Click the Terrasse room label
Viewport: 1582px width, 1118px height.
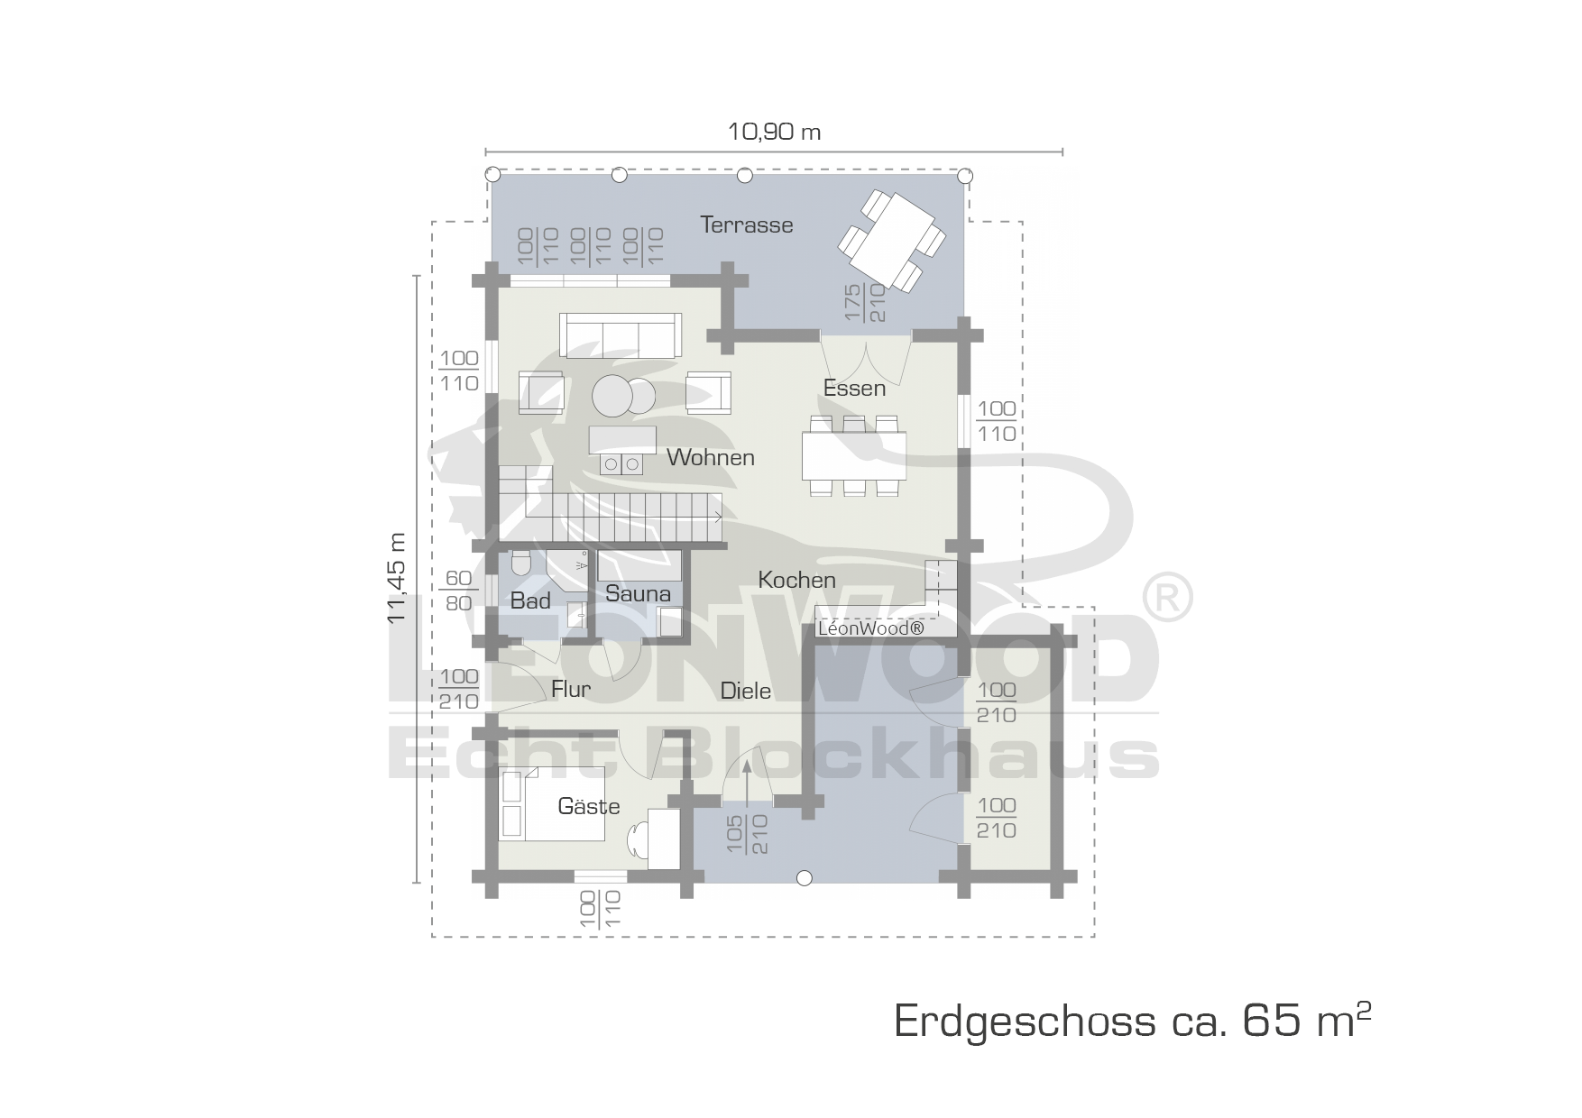pos(747,225)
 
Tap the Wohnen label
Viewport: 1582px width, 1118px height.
pos(711,457)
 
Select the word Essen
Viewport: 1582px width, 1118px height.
pos(854,388)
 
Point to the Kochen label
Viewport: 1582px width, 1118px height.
pos(797,580)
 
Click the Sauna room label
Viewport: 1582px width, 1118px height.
pos(638,593)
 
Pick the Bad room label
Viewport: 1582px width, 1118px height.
pos(530,600)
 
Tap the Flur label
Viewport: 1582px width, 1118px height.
pos(571,689)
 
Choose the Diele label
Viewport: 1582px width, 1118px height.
pos(746,691)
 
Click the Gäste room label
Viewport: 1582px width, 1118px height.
pos(589,805)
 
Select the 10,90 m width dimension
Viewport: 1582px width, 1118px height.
pos(774,132)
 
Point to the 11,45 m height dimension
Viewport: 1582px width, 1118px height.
pos(397,579)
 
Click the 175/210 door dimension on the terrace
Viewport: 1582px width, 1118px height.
pos(864,303)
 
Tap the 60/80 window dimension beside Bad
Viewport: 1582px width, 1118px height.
pos(459,591)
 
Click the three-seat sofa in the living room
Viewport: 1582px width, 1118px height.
pos(621,334)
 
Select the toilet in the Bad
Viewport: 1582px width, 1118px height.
pos(520,563)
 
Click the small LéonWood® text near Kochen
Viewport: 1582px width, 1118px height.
pos(870,628)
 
